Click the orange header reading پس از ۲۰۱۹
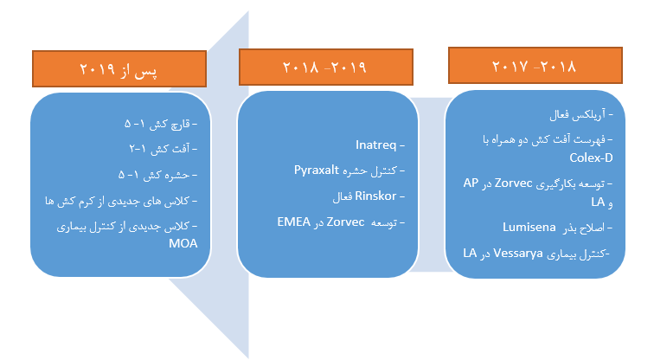pos(120,68)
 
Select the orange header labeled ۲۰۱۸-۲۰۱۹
pos(325,67)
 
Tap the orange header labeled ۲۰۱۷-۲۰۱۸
pos(534,65)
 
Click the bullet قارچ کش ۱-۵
pos(157,124)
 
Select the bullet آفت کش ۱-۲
pos(161,149)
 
